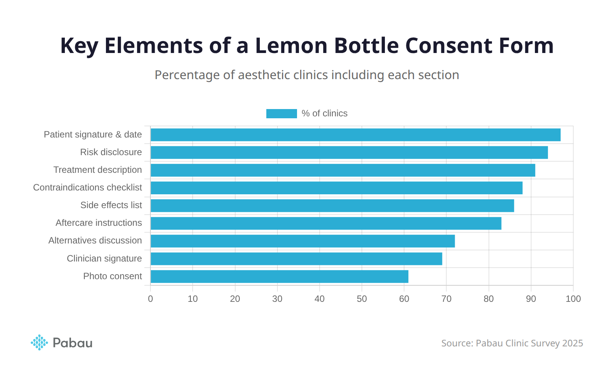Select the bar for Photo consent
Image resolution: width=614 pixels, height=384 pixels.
[x=279, y=276]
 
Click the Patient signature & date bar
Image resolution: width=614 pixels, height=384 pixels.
[x=355, y=135]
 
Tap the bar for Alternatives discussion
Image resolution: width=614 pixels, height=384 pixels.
[x=302, y=241]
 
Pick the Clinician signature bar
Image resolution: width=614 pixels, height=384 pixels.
[x=296, y=259]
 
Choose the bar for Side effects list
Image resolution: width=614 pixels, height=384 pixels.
[x=332, y=206]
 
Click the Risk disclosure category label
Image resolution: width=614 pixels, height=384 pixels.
[x=111, y=152]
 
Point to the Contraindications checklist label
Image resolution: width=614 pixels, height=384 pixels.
[x=87, y=187]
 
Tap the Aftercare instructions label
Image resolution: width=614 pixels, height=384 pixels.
[x=99, y=223]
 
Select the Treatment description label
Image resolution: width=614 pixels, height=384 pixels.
[x=97, y=170]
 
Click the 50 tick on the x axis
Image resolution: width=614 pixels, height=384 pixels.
[x=362, y=299]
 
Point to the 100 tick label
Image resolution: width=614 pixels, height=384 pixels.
[x=573, y=299]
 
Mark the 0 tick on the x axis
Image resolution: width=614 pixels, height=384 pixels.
[x=150, y=299]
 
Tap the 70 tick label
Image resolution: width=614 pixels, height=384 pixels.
[x=446, y=299]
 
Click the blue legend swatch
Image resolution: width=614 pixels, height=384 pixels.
[x=281, y=114]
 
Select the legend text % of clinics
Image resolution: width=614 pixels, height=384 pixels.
[x=324, y=114]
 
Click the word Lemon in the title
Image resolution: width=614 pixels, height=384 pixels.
[x=291, y=46]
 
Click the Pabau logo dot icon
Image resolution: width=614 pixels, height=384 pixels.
[x=39, y=343]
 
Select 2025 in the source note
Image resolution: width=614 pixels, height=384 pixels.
[x=572, y=343]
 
